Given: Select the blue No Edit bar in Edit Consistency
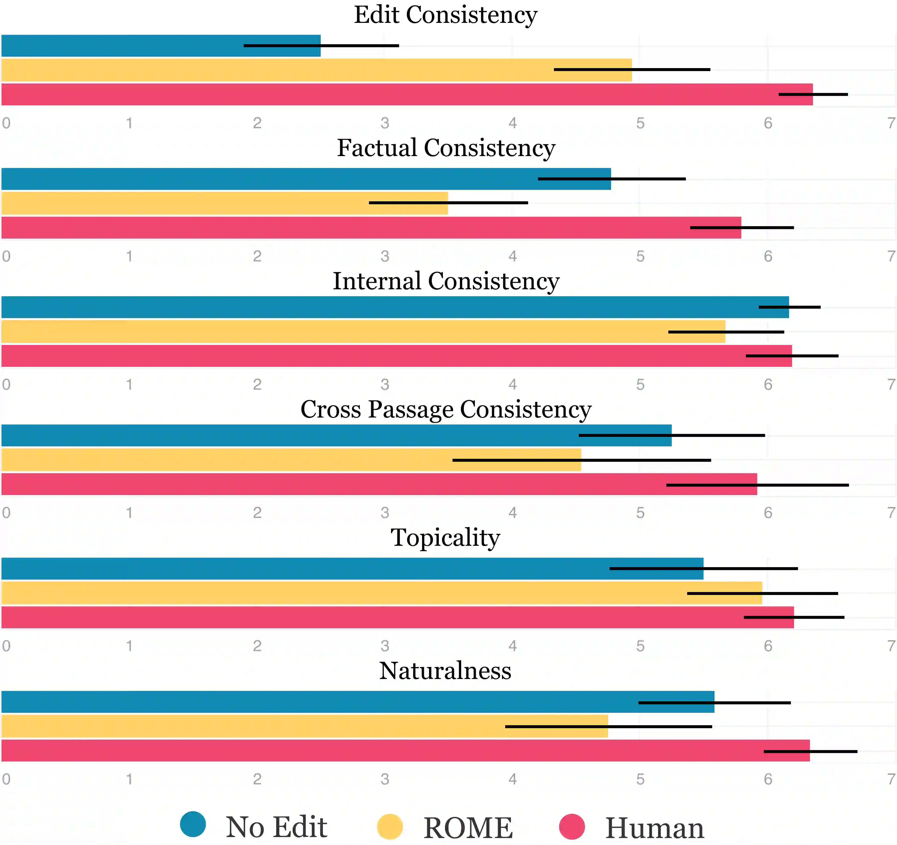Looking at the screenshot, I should pyautogui.click(x=135, y=45).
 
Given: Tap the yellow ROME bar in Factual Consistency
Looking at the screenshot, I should pyautogui.click(x=203, y=203).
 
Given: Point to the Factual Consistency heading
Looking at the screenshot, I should pyautogui.click(x=446, y=148).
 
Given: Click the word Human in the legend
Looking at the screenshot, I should pyautogui.click(x=654, y=828).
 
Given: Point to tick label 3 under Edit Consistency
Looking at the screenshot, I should pyautogui.click(x=384, y=123).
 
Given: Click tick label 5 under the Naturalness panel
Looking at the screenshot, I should pyautogui.click(x=640, y=779).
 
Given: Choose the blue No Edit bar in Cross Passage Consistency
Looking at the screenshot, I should pyautogui.click(x=316, y=435).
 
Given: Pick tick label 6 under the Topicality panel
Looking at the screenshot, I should pyautogui.click(x=768, y=646).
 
